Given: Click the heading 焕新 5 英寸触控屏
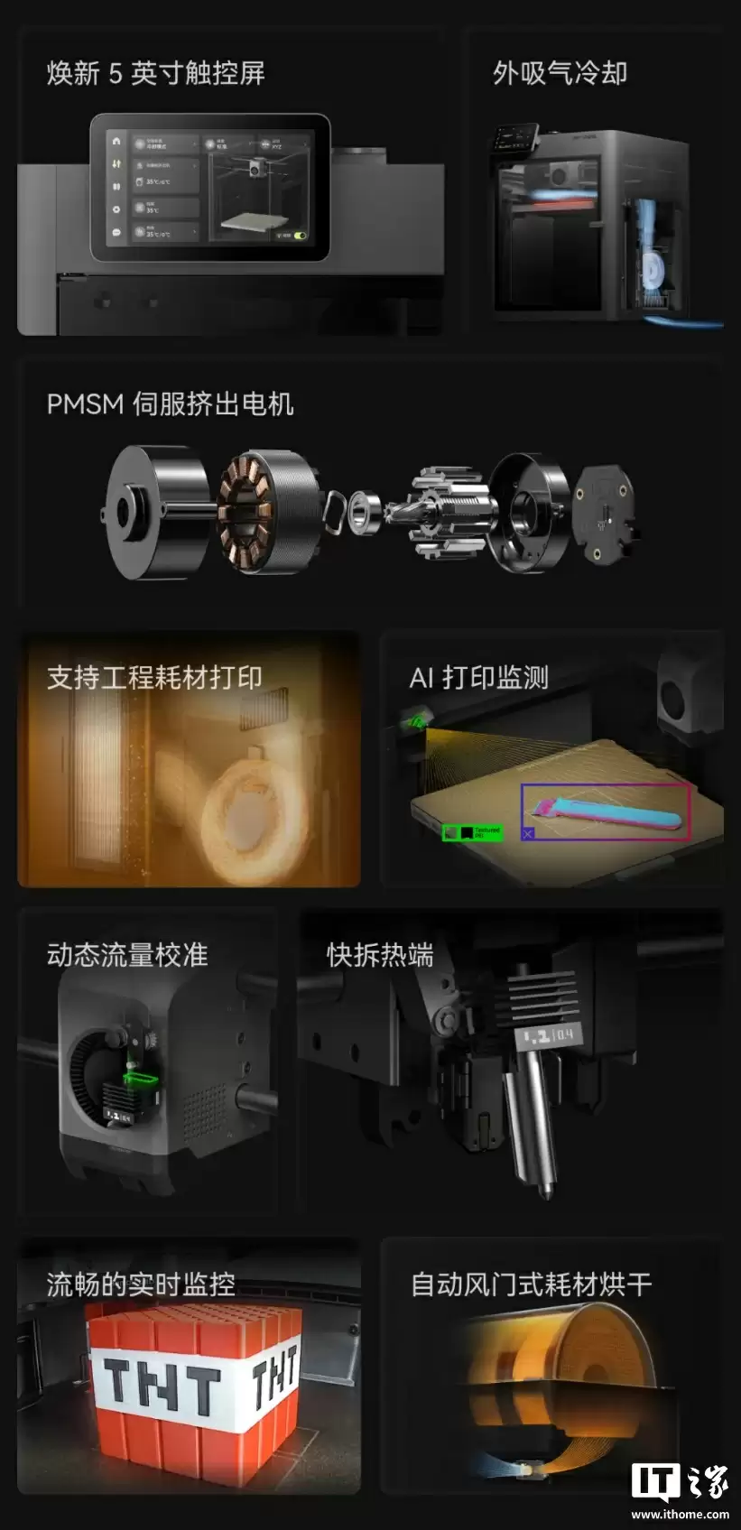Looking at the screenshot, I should click(x=155, y=73).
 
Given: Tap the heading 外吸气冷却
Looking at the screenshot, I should click(x=560, y=73).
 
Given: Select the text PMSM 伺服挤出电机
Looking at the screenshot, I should click(x=170, y=403).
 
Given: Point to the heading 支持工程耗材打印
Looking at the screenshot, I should click(x=154, y=677).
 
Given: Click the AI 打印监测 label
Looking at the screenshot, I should click(x=478, y=677).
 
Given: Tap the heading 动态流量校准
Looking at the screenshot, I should click(x=127, y=954).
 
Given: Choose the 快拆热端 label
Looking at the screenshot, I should click(x=380, y=954).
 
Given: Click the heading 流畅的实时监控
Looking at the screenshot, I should click(x=141, y=1284).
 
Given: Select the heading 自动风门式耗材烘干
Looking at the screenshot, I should click(x=531, y=1284).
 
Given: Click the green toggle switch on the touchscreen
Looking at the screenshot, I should click(x=299, y=236).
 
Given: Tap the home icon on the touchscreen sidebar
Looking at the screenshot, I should click(x=116, y=141).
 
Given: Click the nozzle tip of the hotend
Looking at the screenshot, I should click(x=544, y=1190).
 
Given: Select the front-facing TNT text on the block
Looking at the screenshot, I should click(x=161, y=1386).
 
